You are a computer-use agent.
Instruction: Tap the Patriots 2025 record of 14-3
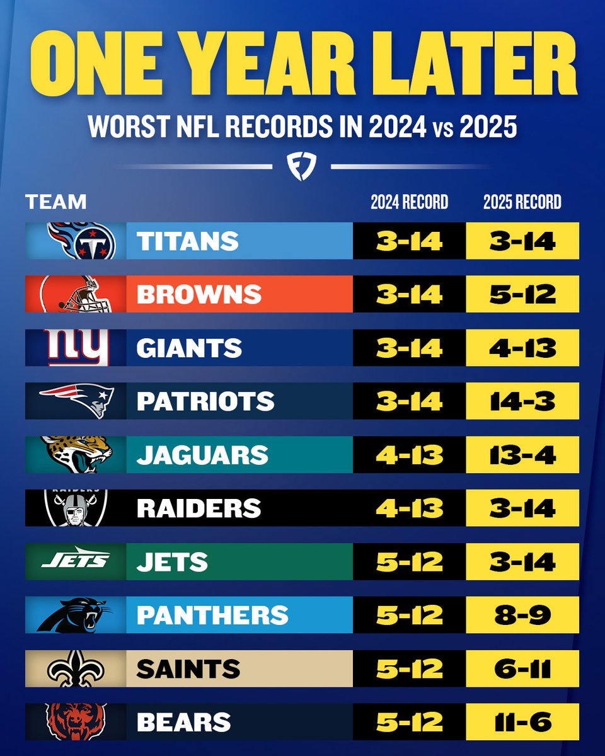[522, 401]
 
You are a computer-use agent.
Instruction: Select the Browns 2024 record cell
[409, 294]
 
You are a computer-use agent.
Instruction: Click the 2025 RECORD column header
[522, 202]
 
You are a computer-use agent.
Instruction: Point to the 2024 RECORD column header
[409, 202]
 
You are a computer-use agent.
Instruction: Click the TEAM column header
[55, 202]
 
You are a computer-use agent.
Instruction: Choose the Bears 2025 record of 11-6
[522, 722]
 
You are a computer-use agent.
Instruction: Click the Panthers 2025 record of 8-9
[522, 615]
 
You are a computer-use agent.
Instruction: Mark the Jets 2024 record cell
[409, 561]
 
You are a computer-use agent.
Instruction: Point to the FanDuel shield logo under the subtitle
[302, 166]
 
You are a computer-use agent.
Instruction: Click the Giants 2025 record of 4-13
[522, 348]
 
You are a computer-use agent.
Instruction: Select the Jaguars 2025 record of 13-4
[522, 455]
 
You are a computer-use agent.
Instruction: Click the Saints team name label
[188, 668]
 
